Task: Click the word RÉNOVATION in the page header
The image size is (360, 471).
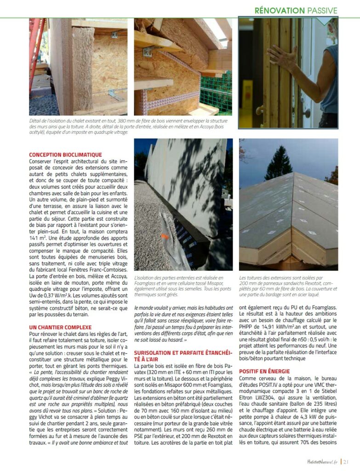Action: [x=280, y=10]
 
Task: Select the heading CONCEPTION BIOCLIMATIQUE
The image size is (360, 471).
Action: [x=65, y=155]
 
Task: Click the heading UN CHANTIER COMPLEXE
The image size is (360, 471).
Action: [x=60, y=327]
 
